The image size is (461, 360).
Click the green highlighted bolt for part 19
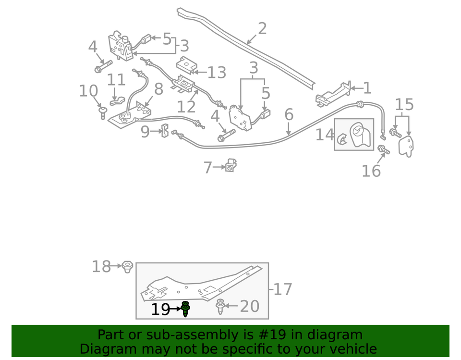185,309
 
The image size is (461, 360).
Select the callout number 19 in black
160,310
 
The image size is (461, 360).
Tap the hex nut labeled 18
127,266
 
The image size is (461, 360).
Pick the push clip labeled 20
220,306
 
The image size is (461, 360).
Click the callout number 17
283,289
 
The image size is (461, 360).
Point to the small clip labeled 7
231,166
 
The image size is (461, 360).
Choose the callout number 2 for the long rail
262,29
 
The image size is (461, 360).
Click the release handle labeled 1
331,94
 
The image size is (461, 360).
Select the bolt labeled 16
384,150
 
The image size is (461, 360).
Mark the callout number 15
404,104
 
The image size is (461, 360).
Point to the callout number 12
186,107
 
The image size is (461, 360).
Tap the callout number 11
116,80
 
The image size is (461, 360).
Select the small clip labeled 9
164,130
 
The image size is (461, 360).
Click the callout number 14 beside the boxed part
325,135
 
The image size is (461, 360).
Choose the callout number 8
158,89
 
